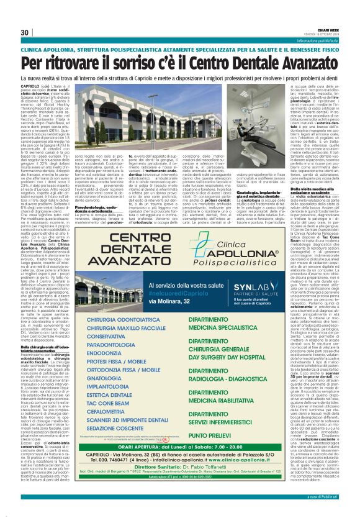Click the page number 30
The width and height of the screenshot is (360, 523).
click(25, 32)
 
